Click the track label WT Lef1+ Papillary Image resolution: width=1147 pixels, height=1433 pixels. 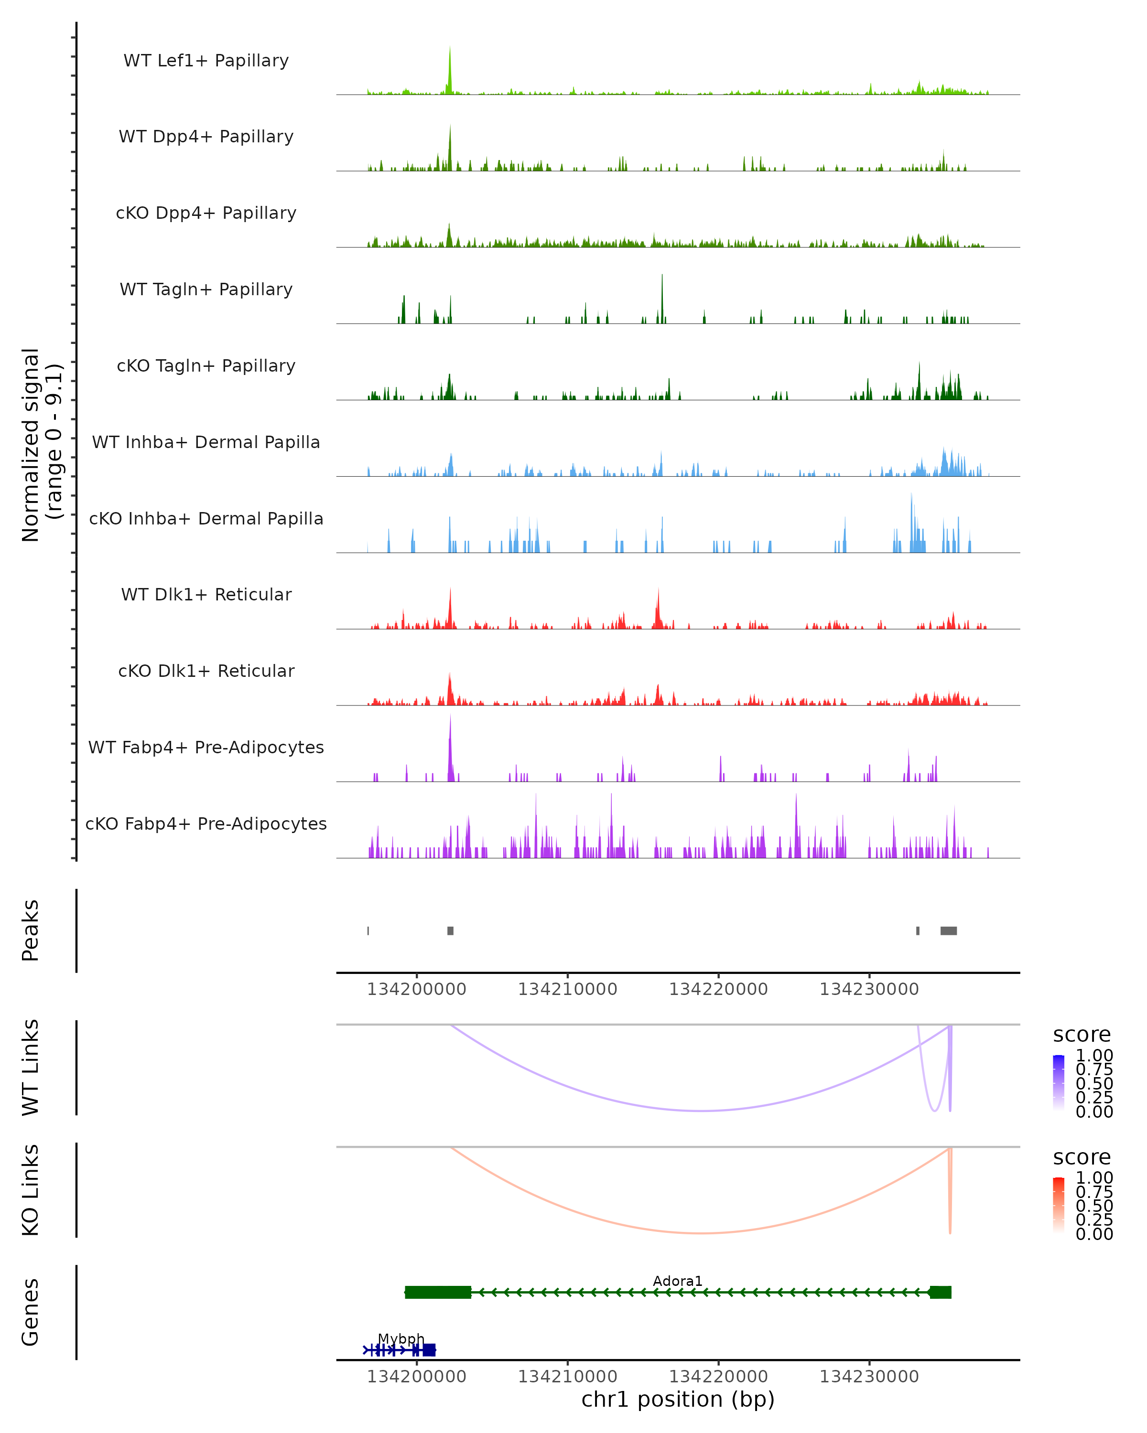pyautogui.click(x=206, y=61)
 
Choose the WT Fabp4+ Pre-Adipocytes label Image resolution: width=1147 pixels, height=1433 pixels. pyautogui.click(x=206, y=747)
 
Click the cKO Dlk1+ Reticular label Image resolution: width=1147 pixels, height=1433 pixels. pyautogui.click(x=206, y=671)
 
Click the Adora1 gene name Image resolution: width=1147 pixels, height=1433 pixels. pyautogui.click(x=678, y=1281)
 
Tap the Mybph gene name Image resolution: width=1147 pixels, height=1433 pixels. pyautogui.click(x=401, y=1338)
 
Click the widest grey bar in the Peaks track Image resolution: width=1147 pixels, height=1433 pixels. pyautogui.click(x=948, y=930)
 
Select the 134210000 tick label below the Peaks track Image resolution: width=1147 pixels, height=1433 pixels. pyautogui.click(x=567, y=989)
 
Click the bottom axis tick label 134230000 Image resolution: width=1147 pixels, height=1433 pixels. pyautogui.click(x=868, y=1377)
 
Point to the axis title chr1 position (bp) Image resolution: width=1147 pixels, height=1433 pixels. pyautogui.click(x=678, y=1399)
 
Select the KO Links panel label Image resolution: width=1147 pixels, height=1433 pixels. pyautogui.click(x=30, y=1190)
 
